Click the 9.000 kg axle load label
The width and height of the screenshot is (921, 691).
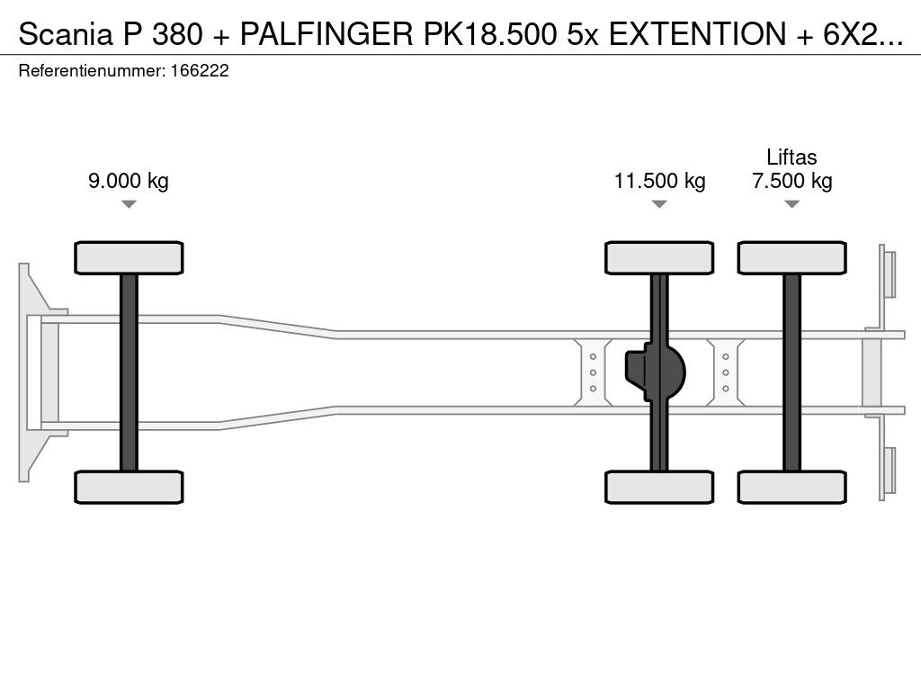129,180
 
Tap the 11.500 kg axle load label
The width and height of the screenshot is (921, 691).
659,180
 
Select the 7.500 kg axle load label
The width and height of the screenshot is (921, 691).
791,180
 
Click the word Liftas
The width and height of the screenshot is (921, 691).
791,157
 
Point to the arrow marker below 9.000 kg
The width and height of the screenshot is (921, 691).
129,204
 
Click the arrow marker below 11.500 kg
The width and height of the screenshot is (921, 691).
659,204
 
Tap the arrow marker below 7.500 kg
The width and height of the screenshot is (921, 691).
791,204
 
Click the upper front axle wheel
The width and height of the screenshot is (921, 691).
129,258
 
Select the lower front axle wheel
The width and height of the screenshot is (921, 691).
129,487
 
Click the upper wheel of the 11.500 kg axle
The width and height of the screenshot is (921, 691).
659,258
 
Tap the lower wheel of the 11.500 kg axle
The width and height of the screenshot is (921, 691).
659,487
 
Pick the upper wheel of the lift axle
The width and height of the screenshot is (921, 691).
791,258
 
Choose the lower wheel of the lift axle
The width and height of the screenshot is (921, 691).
791,487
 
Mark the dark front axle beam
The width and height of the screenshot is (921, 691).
129,372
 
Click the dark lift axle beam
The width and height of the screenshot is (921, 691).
791,372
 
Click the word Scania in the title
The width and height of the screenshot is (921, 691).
65,34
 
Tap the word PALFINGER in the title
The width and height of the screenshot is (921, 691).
327,34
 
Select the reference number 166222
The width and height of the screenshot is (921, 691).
200,71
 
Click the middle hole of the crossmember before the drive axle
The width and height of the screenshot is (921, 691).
594,372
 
